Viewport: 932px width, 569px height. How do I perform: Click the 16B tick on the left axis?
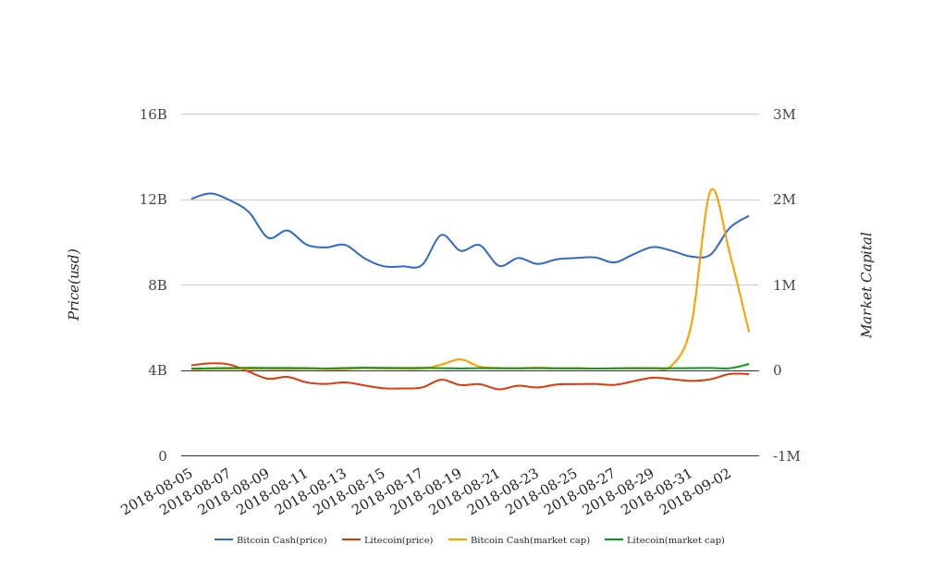(153, 115)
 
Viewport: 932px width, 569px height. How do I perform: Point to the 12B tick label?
(153, 200)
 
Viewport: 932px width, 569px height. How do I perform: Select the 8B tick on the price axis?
(157, 285)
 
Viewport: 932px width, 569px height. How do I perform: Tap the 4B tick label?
(157, 370)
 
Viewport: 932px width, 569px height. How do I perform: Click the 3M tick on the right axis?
(784, 115)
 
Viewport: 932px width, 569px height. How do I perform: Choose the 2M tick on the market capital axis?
(784, 200)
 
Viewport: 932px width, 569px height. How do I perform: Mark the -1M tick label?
(786, 456)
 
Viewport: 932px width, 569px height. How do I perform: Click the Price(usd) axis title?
(75, 284)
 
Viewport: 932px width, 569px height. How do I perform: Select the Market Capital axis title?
(867, 284)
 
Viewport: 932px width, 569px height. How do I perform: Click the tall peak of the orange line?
(712, 188)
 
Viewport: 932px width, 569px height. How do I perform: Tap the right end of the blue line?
(749, 216)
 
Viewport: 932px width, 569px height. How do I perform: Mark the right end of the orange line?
(749, 331)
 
